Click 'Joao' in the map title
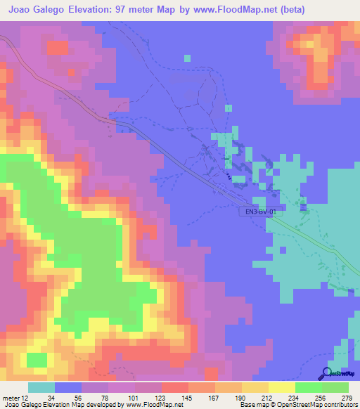pyautogui.click(x=22, y=10)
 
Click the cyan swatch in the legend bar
pyautogui.click(x=41, y=387)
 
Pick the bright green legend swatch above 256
pyautogui.click(x=308, y=387)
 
